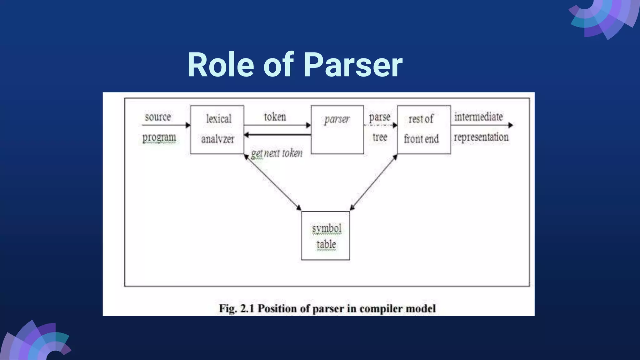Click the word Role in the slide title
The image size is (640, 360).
pos(220,65)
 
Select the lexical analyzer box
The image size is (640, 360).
pos(217,129)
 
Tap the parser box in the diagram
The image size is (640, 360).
pos(337,129)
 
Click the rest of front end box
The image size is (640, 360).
pos(424,129)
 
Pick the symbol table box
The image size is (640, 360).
pos(325,236)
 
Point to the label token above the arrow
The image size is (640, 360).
pos(275,117)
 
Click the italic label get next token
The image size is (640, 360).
pos(277,153)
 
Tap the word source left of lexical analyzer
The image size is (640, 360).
pos(157,117)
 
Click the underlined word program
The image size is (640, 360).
pos(159,137)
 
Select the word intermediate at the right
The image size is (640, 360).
pos(478,117)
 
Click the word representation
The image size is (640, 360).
pos(481,137)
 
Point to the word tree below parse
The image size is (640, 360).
pos(380,137)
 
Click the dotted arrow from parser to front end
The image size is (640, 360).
pos(380,125)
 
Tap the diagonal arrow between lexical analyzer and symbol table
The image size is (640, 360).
pos(272,182)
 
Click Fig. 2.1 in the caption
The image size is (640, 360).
pos(237,308)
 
